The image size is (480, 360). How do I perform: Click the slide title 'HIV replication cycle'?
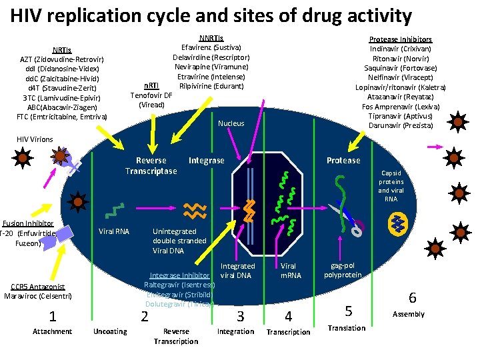pyautogui.click(x=211, y=15)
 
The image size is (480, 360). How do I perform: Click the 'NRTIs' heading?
pyautogui.click(x=62, y=50)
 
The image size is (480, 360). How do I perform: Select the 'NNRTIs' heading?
pyautogui.click(x=211, y=38)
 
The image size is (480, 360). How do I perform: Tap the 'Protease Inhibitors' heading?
pyautogui.click(x=401, y=39)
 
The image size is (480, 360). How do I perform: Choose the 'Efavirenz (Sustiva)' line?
pyautogui.click(x=211, y=47)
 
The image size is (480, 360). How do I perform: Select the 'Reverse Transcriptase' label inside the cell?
pyautogui.click(x=151, y=165)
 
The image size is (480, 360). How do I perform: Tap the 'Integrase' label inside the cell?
pyautogui.click(x=207, y=160)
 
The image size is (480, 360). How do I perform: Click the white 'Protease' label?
pyautogui.click(x=343, y=160)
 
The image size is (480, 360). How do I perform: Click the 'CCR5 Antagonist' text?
pyautogui.click(x=38, y=287)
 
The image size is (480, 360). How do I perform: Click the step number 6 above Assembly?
pyautogui.click(x=412, y=298)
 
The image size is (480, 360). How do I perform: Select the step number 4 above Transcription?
pyautogui.click(x=288, y=316)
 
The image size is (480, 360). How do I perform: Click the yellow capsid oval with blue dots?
pyautogui.click(x=399, y=222)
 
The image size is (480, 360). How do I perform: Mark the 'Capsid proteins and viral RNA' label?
pyautogui.click(x=391, y=186)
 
